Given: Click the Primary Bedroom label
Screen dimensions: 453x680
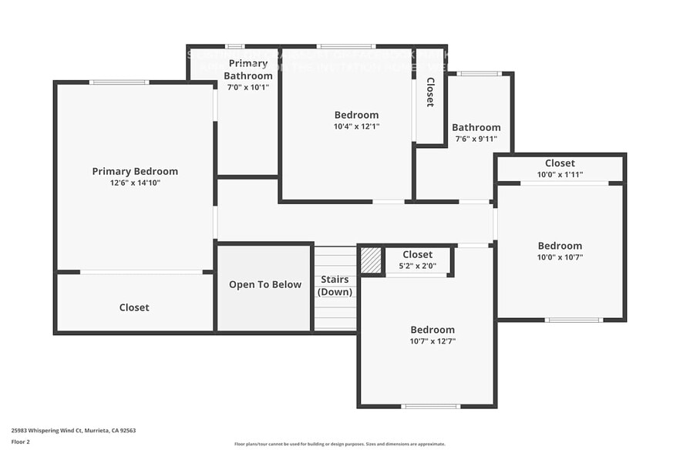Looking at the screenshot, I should coord(135,171).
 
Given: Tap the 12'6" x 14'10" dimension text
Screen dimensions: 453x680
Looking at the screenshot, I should coord(135,183).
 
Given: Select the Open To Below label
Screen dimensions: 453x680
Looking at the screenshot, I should coord(265,284).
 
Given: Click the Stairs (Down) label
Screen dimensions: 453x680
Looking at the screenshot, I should coord(335,286).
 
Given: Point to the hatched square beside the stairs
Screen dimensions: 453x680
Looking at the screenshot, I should coord(372,260).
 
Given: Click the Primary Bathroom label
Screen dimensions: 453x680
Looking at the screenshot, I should coord(247,69).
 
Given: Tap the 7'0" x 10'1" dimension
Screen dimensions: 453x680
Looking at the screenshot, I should coord(247,87).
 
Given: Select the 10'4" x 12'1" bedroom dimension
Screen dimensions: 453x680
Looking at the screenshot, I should coord(356,126).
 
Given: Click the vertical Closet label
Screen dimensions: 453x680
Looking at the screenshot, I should coord(430,92).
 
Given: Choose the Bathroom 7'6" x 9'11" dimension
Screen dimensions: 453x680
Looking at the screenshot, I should coord(476,139).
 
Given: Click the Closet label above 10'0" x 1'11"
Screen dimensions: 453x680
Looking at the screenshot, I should coord(560,163).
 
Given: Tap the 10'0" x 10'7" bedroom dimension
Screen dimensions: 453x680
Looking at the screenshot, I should coord(560,257).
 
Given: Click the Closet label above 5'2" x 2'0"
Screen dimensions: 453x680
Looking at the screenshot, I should coord(417,254).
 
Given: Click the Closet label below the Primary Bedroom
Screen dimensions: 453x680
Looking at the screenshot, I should coord(134,307).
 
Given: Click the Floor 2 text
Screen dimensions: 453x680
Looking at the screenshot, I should coord(21,441).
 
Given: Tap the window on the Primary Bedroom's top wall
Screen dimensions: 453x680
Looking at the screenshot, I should coord(119,82).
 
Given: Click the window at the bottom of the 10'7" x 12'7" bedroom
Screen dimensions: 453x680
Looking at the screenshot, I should coord(430,406).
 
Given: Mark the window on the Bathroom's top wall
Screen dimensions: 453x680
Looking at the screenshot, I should coord(479,74).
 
